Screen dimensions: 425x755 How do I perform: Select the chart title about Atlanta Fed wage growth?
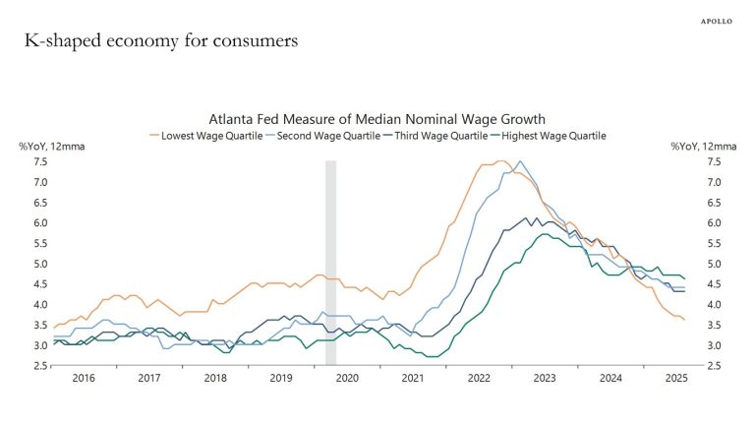pyautogui.click(x=377, y=119)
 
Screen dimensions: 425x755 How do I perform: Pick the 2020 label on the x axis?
pyautogui.click(x=348, y=378)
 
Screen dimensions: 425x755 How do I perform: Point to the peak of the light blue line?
pyautogui.click(x=520, y=161)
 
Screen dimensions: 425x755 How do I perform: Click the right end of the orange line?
pyautogui.click(x=685, y=320)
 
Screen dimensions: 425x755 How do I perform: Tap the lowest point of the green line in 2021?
pyautogui.click(x=430, y=356)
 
